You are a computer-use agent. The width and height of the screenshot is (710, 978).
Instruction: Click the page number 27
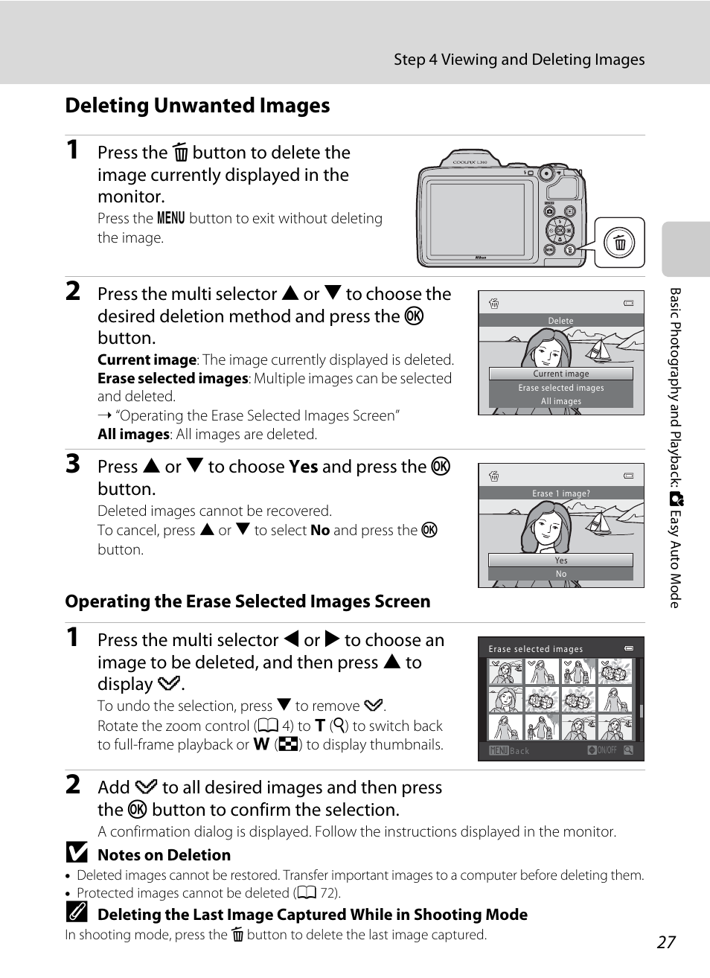point(666,942)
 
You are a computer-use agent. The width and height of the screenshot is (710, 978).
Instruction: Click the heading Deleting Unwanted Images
point(197,106)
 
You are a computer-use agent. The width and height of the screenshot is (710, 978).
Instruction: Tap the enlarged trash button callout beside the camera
point(619,243)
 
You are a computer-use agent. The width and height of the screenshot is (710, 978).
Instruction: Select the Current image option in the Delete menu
point(560,374)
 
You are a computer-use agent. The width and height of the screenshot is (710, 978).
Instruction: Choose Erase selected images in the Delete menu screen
point(560,388)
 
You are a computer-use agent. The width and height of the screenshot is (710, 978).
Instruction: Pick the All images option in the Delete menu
point(560,401)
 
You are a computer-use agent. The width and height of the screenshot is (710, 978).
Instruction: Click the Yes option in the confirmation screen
point(560,560)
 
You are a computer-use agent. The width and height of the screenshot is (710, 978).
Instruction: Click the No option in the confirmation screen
point(560,574)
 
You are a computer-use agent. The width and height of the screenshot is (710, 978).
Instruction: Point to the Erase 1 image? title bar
point(560,493)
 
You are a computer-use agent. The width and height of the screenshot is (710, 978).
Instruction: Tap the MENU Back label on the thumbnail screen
point(509,751)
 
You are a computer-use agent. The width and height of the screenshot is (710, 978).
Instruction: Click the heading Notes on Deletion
point(164,855)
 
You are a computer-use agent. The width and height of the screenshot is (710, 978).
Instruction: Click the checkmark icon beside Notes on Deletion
point(76,853)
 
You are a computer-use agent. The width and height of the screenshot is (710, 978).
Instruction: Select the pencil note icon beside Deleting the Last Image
point(76,913)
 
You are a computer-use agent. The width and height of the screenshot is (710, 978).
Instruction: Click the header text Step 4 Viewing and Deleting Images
point(519,60)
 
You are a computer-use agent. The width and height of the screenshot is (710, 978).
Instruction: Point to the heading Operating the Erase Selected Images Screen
point(247,601)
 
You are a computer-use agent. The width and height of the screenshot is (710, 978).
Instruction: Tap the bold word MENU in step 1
point(170,218)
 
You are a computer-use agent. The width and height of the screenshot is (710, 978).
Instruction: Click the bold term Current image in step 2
point(147,360)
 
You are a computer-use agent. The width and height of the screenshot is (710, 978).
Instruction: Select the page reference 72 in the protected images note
point(328,893)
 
